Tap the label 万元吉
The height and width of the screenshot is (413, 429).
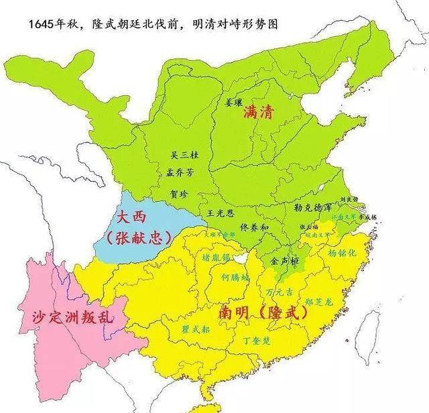tap(279, 292)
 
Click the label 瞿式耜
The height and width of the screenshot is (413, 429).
tap(197, 329)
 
